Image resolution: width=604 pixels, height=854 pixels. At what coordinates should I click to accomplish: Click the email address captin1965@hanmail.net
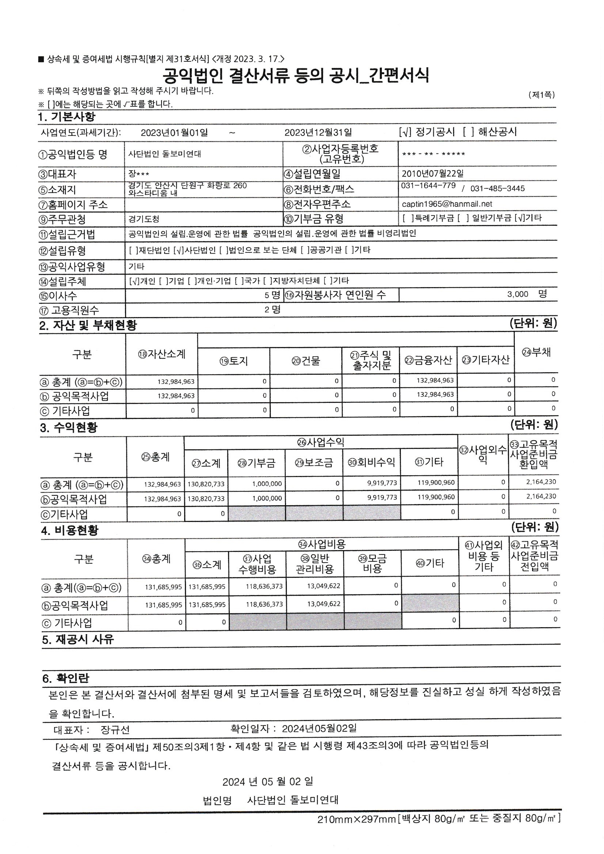point(447,204)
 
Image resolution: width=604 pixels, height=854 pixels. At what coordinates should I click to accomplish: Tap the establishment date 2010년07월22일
point(432,174)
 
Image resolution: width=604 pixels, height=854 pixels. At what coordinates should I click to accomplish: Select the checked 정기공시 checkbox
point(404,132)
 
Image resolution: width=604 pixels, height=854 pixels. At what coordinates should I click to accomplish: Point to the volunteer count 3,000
point(517,294)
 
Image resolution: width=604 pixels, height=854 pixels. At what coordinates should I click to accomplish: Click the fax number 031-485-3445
point(497,188)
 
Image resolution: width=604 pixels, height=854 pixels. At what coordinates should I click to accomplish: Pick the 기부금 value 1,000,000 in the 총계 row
point(267,484)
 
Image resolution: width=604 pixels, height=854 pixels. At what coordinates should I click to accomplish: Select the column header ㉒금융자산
point(428,360)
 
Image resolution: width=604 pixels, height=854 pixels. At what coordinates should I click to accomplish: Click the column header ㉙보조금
point(314,462)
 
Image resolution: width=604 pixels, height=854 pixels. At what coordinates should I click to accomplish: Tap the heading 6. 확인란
point(65,678)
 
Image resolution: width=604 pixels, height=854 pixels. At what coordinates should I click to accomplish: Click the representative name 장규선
point(115,729)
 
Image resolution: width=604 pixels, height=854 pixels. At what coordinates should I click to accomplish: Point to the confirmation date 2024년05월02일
point(319,728)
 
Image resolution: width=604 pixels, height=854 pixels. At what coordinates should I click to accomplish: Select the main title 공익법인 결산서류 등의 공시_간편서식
point(296,76)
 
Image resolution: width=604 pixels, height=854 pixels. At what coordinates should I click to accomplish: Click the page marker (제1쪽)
point(541,95)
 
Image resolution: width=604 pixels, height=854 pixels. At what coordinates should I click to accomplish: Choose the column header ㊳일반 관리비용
point(315,564)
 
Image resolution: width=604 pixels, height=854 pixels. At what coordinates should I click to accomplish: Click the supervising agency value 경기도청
point(144,220)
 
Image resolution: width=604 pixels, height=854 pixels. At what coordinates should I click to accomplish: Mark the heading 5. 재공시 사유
point(78,639)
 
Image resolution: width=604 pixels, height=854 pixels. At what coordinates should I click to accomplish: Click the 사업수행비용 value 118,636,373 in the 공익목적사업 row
point(264,605)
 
